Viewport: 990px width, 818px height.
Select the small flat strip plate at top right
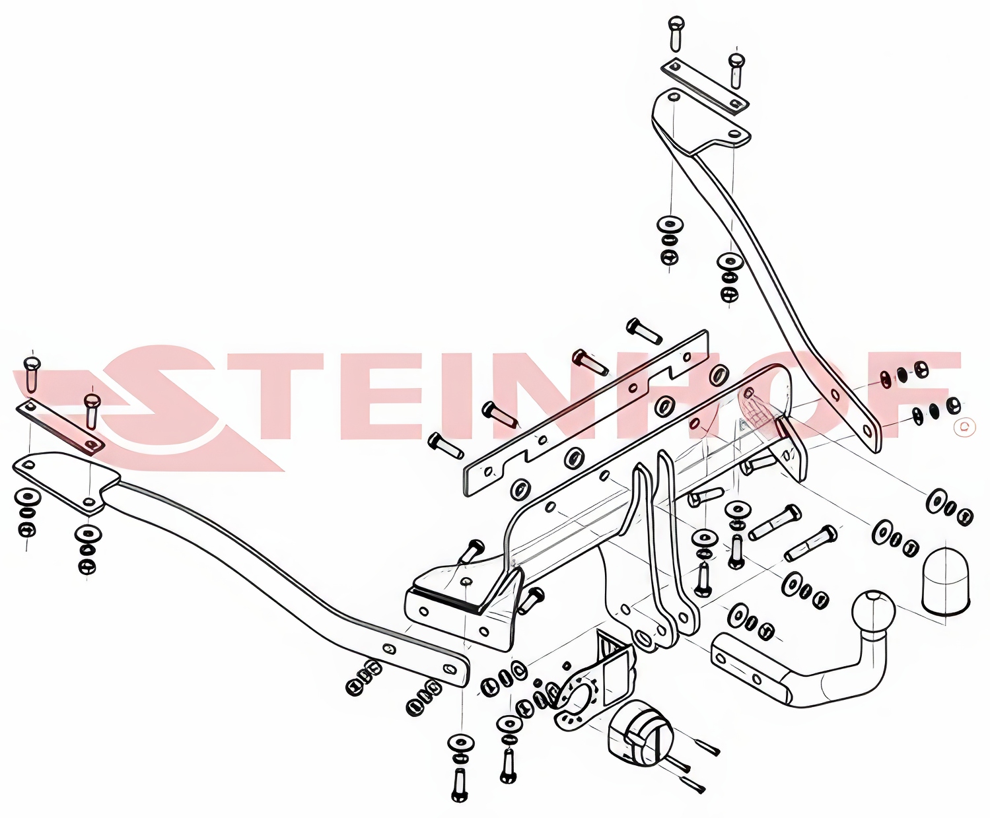coord(705,86)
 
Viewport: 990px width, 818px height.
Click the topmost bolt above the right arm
coord(676,34)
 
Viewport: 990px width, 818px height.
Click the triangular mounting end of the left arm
coord(67,481)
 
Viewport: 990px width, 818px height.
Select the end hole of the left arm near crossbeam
coord(448,668)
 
